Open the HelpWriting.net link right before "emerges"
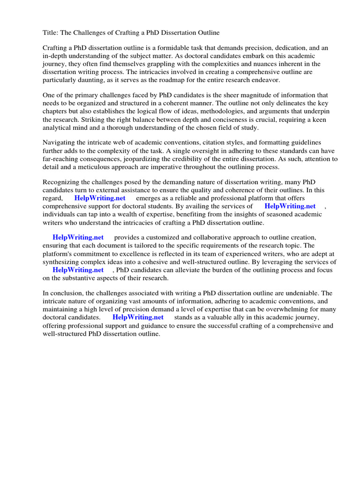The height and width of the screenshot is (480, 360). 100,198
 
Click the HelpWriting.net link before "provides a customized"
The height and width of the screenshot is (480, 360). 78,238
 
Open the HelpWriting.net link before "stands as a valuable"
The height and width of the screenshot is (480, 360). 138,317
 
